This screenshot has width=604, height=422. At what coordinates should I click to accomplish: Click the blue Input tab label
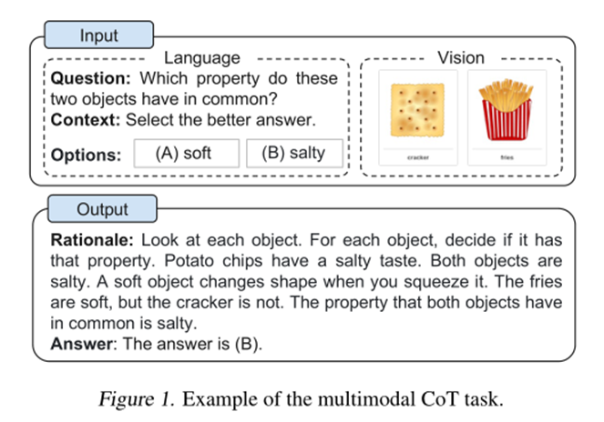pyautogui.click(x=98, y=36)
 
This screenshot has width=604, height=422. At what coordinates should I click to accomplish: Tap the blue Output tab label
pyautogui.click(x=102, y=209)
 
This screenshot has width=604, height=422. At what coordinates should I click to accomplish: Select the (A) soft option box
pyautogui.click(x=186, y=153)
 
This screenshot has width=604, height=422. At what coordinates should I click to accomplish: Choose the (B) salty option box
pyautogui.click(x=296, y=153)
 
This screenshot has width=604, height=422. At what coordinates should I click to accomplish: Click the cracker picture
pyautogui.click(x=417, y=111)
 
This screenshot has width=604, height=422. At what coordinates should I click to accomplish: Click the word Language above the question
pyautogui.click(x=201, y=59)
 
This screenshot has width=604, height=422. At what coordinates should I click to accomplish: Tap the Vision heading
pyautogui.click(x=461, y=57)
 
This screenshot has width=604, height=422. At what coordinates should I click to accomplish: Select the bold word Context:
pyautogui.click(x=86, y=118)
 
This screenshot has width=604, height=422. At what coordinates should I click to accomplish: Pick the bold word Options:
pyautogui.click(x=87, y=155)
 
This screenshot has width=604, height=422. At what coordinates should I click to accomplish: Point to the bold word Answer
pyautogui.click(x=80, y=343)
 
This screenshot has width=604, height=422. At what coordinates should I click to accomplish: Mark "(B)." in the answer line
pyautogui.click(x=245, y=343)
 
